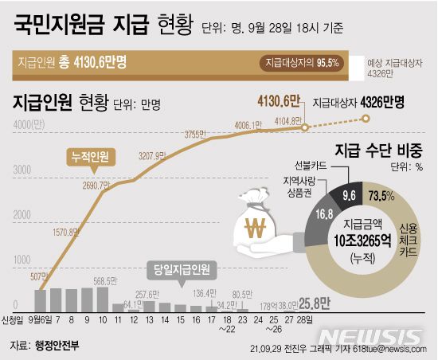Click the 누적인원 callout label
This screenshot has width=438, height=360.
coord(85,157)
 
